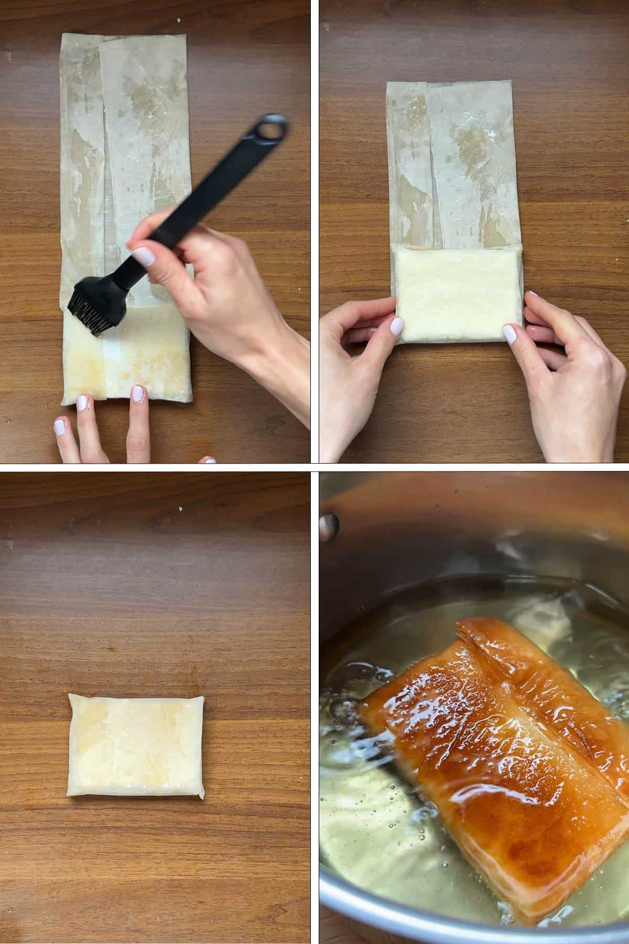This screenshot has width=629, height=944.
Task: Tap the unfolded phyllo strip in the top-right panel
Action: (453, 163)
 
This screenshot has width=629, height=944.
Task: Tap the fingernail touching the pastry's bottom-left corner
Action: (82, 403)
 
